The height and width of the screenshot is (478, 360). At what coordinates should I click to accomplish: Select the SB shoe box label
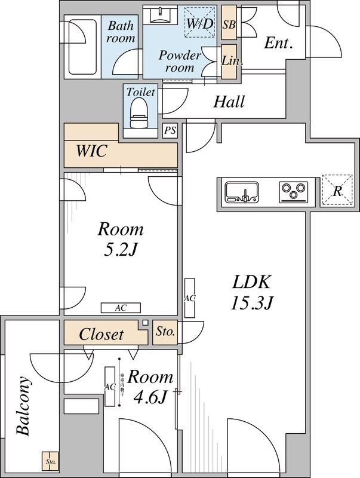[x=229, y=24]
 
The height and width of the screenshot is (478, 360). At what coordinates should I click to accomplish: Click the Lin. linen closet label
[x=229, y=61]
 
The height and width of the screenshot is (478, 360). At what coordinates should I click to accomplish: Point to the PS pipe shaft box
[x=170, y=131]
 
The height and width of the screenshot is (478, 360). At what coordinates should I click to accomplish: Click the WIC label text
[x=91, y=152]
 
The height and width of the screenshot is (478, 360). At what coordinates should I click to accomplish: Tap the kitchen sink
[x=242, y=192]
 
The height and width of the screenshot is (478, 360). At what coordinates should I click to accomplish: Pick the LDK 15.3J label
[x=252, y=292]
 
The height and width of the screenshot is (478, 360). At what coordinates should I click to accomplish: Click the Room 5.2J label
[x=121, y=239]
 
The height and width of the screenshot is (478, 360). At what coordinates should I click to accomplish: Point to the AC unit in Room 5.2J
[x=121, y=308]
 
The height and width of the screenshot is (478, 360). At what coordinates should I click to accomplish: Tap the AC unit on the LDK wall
[x=190, y=298]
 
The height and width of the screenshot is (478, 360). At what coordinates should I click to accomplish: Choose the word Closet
[x=101, y=334]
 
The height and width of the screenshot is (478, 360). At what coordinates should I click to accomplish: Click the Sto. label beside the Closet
[x=164, y=332]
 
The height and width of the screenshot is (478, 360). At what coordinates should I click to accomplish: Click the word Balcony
[x=23, y=406]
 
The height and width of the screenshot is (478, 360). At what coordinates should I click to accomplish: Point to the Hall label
[x=229, y=102]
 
